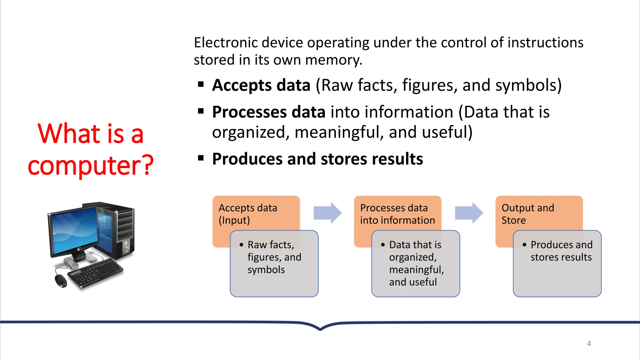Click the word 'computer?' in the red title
pos(91,165)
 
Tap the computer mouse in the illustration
pos(61,281)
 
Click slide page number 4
pos(589,343)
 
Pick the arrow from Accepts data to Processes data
pos(327,213)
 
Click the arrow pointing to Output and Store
pos(469,213)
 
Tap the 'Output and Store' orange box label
pos(528,214)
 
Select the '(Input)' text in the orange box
pos(234,220)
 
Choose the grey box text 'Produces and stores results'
pos(561,251)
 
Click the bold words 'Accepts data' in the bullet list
pos(261,85)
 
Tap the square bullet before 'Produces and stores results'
pos(201,158)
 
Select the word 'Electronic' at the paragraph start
pos(226,42)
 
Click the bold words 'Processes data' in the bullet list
pos(268,112)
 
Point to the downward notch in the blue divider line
pos(320,328)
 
